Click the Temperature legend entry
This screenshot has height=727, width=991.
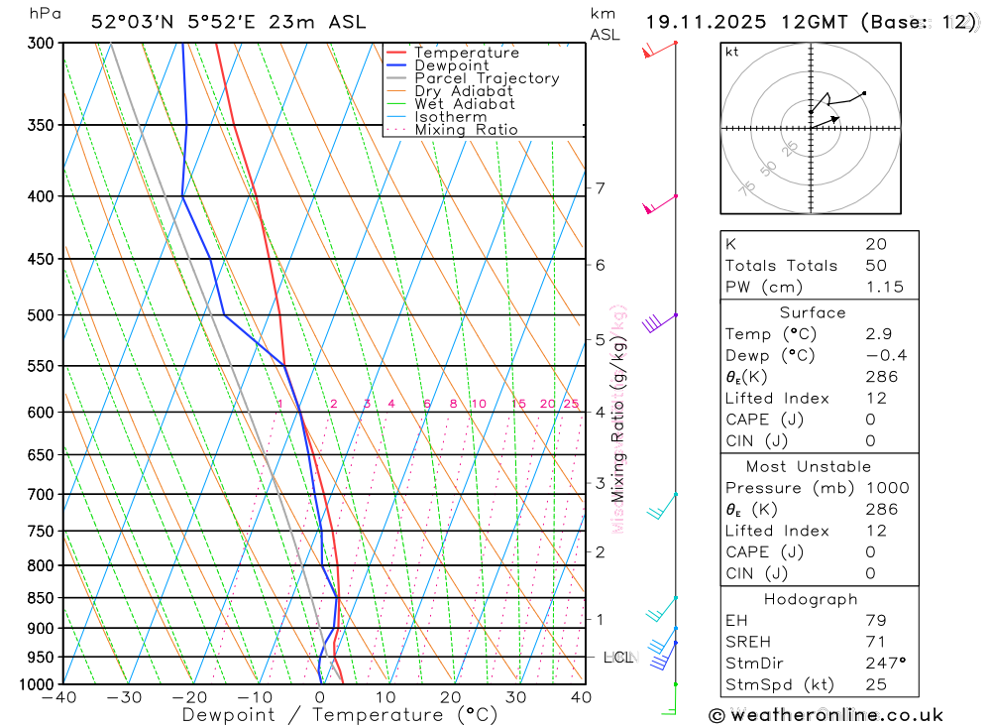[466, 53]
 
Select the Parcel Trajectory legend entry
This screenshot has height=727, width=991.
[486, 78]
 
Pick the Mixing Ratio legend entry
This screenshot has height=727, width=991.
[466, 130]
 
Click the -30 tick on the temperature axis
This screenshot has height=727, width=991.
[125, 697]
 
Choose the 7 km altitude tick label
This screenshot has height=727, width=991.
[600, 187]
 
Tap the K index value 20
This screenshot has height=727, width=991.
[876, 244]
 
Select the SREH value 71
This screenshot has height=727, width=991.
[875, 642]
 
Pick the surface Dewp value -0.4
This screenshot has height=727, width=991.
[885, 356]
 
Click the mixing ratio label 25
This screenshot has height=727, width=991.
[571, 404]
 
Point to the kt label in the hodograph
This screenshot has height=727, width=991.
[731, 52]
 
